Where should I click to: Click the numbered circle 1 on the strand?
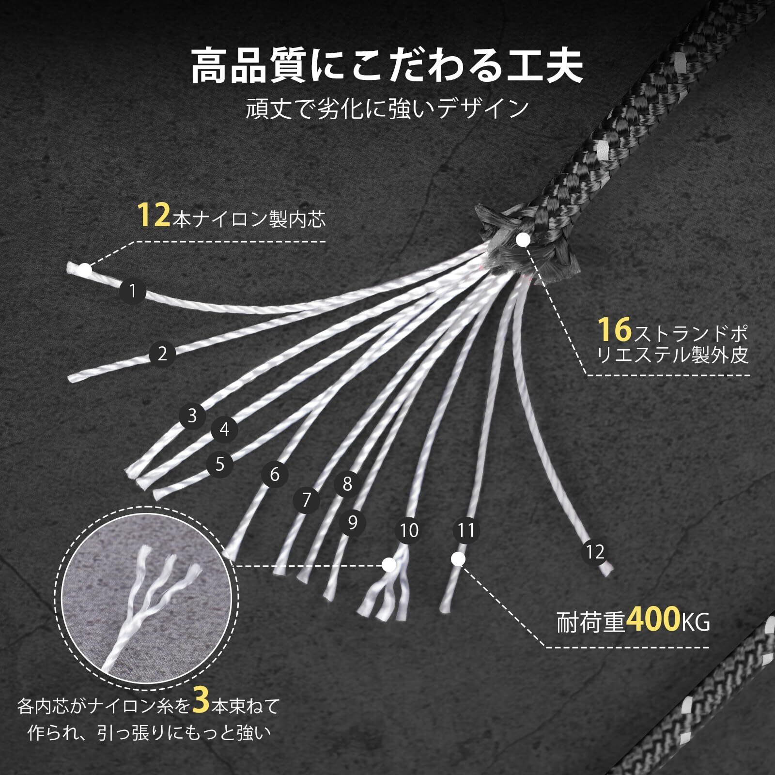[x=132, y=291]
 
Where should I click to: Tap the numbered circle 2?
[x=162, y=354]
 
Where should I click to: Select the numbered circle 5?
[x=220, y=465]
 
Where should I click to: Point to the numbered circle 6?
[x=275, y=474]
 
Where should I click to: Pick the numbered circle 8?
[x=347, y=484]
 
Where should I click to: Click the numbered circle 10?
[x=409, y=530]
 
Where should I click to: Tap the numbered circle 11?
[x=466, y=530]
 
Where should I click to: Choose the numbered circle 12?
[x=595, y=552]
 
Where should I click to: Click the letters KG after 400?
[x=696, y=623]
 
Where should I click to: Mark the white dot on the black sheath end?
[x=523, y=239]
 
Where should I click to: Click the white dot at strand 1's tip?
[x=85, y=270]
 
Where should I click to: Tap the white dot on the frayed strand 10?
[x=388, y=565]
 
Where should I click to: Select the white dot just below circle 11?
[x=458, y=559]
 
